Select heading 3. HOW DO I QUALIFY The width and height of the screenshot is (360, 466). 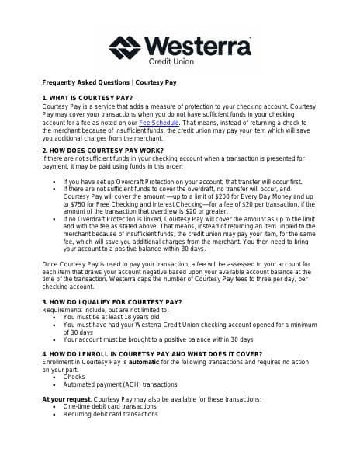[x=112, y=301]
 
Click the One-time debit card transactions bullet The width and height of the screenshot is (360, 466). [x=109, y=406]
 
